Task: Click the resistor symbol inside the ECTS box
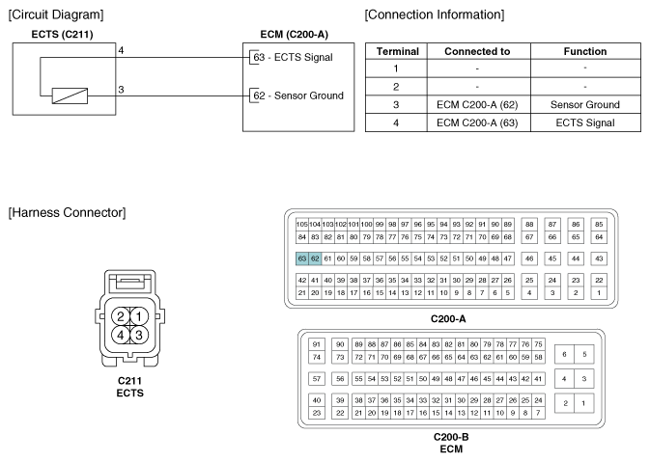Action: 70,96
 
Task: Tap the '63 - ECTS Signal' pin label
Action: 293,57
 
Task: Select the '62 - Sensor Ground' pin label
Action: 298,95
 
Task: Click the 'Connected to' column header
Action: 477,51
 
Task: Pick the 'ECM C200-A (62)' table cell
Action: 477,105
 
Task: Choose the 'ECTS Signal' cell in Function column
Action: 585,122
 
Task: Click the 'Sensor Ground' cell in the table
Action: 585,105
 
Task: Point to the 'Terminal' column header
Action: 398,51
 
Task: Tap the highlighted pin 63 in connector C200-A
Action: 302,258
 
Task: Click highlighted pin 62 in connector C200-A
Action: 315,258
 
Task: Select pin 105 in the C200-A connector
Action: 301,225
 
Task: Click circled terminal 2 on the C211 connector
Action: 121,316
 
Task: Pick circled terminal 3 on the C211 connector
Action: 139,335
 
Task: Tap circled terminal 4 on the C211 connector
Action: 121,335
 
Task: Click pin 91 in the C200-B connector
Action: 317,344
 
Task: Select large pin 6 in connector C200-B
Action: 564,354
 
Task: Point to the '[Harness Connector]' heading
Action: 67,213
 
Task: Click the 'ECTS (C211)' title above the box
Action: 62,35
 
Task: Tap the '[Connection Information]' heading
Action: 435,14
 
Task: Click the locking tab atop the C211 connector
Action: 130,283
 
